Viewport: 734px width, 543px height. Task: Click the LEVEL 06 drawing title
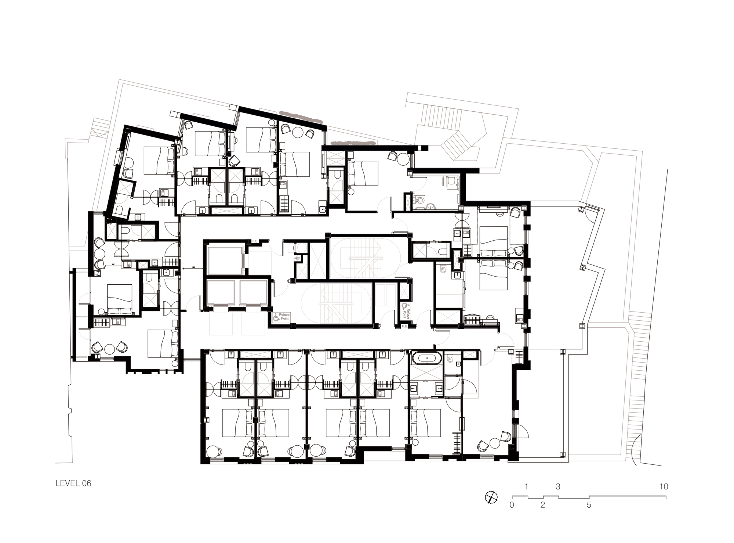tap(73, 483)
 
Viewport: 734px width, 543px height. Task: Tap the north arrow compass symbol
tap(491, 498)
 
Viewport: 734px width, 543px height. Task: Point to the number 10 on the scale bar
tap(663, 487)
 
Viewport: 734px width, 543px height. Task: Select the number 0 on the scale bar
tap(512, 505)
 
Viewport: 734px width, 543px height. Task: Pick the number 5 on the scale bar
tap(589, 505)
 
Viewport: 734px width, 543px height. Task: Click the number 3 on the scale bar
tap(558, 487)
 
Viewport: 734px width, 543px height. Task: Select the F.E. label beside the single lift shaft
tap(255, 241)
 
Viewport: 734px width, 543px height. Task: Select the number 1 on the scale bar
tap(526, 487)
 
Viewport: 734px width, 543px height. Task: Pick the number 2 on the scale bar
tap(542, 505)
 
